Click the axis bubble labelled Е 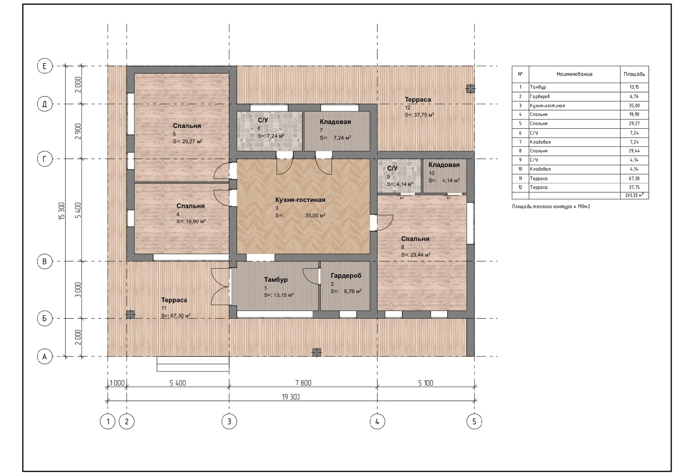coord(45,66)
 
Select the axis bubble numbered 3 coord(229,422)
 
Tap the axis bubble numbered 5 coord(474,422)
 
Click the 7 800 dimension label coord(303,383)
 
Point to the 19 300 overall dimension coord(291,397)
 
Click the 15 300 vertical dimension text coord(62,211)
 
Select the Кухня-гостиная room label coord(300,200)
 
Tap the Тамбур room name coord(276,279)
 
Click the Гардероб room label coord(346,276)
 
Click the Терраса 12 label coord(418,99)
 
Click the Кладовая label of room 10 coord(444,165)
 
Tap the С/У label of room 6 coord(263,120)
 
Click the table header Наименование coord(574,74)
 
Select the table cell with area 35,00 coord(634,105)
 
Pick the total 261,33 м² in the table coord(634,195)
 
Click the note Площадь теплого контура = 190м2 coord(551,206)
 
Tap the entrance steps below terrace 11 coord(193,364)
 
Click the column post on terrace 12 coord(470,89)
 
